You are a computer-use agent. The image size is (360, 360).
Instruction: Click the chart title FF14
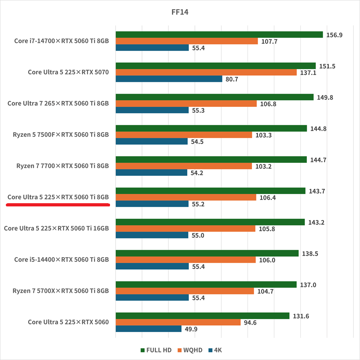(x=180, y=12)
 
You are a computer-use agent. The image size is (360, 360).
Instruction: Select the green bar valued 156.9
(x=219, y=34)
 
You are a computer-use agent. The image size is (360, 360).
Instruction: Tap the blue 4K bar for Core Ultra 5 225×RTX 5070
(x=169, y=79)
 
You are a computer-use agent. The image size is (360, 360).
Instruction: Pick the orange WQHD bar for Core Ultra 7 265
(x=186, y=104)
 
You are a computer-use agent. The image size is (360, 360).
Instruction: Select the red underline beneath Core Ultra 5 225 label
(x=58, y=204)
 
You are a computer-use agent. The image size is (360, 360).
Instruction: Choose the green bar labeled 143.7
(x=210, y=191)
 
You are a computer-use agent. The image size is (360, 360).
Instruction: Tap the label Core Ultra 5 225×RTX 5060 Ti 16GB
(x=56, y=228)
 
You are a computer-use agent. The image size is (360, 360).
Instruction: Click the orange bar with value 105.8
(x=186, y=228)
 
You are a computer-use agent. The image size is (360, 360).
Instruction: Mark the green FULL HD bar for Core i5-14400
(x=207, y=253)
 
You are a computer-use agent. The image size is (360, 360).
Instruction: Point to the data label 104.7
(x=265, y=291)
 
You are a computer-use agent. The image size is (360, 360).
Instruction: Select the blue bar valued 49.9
(x=148, y=329)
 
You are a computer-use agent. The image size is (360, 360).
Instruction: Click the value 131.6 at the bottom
(x=300, y=316)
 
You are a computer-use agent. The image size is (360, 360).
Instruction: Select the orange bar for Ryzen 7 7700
(x=184, y=166)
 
